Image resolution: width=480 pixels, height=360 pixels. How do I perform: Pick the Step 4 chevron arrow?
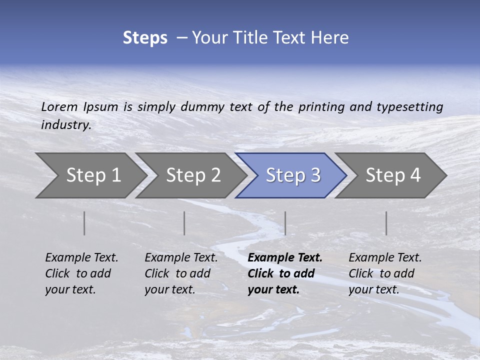click(x=392, y=175)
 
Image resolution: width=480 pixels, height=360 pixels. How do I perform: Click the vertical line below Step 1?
click(x=84, y=223)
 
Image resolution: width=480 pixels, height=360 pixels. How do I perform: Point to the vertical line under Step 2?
click(x=184, y=223)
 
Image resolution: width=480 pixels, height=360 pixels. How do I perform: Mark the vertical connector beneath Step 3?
click(x=285, y=223)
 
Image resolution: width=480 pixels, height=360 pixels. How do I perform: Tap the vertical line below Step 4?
click(x=386, y=223)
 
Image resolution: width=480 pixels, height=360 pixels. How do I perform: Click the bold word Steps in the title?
click(x=145, y=38)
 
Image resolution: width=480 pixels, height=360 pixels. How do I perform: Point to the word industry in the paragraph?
click(x=66, y=124)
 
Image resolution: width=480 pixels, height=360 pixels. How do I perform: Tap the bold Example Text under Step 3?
click(x=285, y=258)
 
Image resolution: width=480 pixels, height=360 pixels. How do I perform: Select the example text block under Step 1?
click(x=81, y=273)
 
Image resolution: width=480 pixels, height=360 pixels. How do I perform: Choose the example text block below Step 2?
click(x=181, y=273)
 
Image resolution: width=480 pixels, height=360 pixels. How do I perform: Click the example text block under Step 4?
click(x=385, y=273)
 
